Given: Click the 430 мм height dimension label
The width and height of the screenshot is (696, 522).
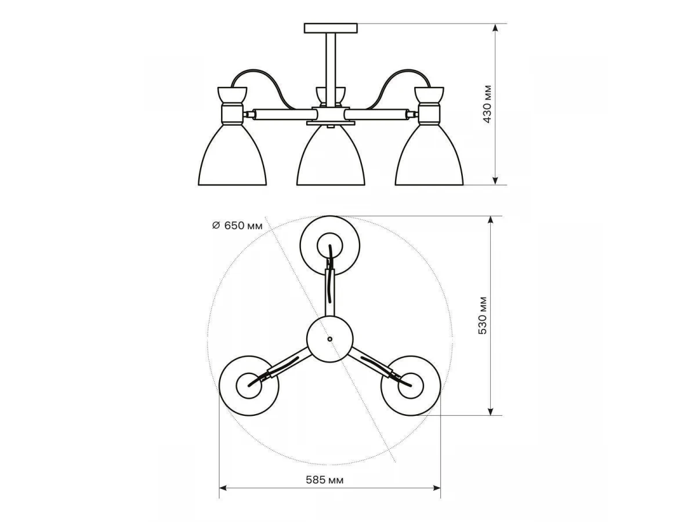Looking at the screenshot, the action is point(487,104).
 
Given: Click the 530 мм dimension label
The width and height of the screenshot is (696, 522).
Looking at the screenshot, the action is point(483,316).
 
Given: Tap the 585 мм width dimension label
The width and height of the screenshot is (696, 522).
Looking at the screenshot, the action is point(324,480).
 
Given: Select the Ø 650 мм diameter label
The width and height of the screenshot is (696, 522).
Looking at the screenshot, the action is point(237,226).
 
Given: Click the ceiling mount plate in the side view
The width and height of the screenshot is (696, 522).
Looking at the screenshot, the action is point(331,28).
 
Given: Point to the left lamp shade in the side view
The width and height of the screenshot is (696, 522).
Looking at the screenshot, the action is point(232,155).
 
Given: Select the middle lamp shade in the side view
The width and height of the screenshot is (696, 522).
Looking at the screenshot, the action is point(331,155).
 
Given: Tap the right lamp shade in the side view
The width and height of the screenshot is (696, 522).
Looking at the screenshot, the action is point(429,155).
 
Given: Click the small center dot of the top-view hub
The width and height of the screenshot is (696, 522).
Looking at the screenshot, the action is point(330,339).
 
